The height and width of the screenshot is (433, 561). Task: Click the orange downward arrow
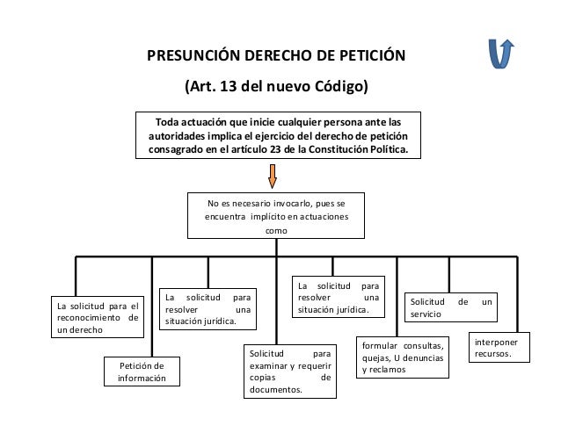(273, 175)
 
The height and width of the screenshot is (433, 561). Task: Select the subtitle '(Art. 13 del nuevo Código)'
(275, 88)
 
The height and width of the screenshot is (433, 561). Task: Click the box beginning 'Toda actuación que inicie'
(278, 134)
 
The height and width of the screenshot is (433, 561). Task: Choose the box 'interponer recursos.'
(499, 347)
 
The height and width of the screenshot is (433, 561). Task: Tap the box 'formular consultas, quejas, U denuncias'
(403, 358)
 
